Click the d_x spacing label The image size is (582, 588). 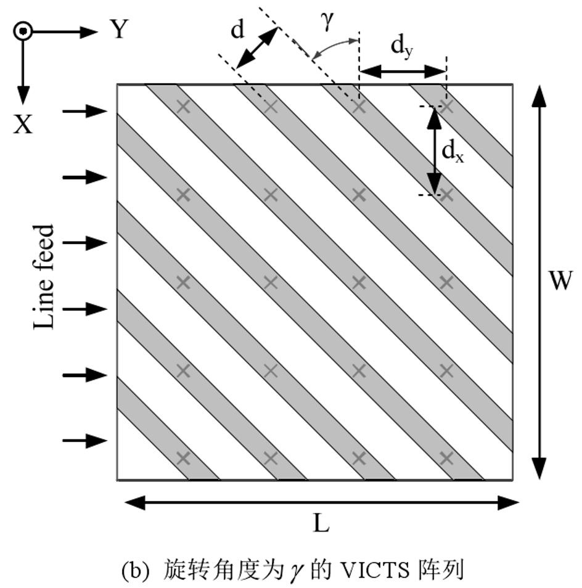[x=454, y=151]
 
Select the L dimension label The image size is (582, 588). [x=321, y=524]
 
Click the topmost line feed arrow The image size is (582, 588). [x=85, y=111]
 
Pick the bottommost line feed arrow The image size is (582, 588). [x=85, y=440]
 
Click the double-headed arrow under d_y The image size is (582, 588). [x=402, y=72]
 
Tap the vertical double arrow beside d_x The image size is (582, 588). [x=435, y=151]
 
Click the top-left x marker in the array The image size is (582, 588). [x=182, y=107]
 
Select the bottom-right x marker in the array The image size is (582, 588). [x=446, y=458]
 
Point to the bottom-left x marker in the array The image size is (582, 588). [x=182, y=458]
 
